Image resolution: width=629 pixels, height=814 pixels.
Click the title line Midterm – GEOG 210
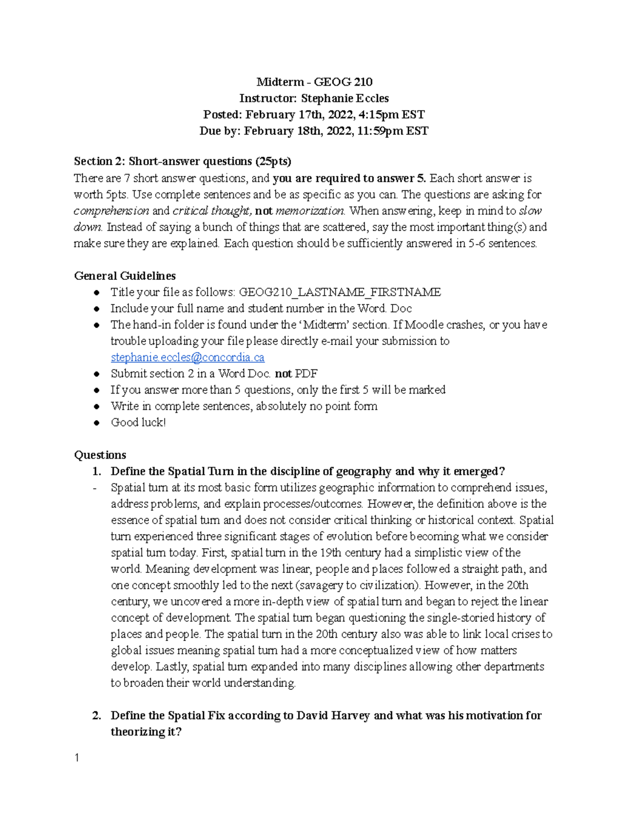314,82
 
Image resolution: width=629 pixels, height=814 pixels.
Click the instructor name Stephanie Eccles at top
344,98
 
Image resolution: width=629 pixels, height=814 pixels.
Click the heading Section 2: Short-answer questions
182,161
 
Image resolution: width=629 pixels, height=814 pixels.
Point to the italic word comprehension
111,211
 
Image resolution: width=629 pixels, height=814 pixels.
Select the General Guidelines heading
125,276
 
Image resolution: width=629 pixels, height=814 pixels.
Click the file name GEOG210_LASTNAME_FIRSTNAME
340,292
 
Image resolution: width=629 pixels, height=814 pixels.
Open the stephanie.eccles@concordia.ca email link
187,357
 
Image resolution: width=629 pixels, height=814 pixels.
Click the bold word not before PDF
283,374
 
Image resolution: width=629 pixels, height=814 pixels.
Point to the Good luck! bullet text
138,422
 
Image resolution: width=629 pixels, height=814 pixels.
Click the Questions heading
100,455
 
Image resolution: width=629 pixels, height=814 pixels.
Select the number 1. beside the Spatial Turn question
96,471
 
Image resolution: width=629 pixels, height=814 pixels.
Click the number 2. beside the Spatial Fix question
96,715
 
